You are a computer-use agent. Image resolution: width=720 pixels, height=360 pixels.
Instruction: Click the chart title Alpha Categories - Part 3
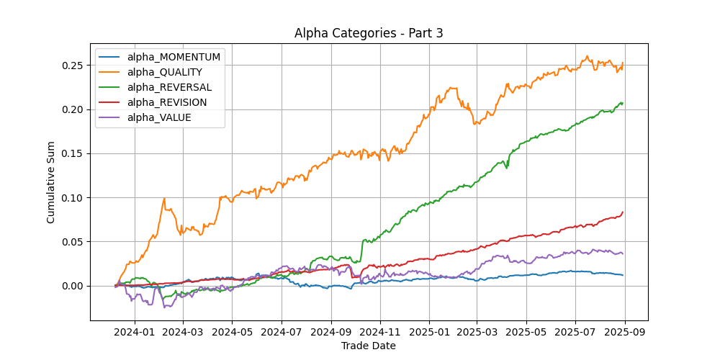click(368, 34)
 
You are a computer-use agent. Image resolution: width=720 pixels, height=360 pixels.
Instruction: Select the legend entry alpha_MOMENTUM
click(174, 57)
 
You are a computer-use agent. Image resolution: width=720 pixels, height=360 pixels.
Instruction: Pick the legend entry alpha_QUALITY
click(164, 72)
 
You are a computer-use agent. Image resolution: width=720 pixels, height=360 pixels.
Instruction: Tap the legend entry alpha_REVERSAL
click(169, 87)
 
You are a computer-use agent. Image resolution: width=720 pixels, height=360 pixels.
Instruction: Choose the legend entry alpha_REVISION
click(167, 102)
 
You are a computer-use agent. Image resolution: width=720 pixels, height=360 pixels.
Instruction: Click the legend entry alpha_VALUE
click(159, 117)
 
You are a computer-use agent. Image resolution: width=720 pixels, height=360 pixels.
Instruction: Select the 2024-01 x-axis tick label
click(134, 333)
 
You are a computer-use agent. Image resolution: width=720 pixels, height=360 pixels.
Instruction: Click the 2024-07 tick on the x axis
click(282, 333)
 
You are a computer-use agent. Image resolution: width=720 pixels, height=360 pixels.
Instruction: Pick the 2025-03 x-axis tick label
click(477, 333)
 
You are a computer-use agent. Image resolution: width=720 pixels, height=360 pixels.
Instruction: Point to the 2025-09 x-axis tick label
click(625, 333)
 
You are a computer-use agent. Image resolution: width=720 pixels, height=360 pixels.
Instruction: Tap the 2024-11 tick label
click(380, 333)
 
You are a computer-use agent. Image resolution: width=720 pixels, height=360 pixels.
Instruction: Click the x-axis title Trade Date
click(368, 346)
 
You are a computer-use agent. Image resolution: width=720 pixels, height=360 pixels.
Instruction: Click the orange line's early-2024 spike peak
click(164, 199)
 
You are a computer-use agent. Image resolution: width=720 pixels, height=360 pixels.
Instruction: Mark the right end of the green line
click(623, 103)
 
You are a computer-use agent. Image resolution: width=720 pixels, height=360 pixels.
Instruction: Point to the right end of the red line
click(623, 212)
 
